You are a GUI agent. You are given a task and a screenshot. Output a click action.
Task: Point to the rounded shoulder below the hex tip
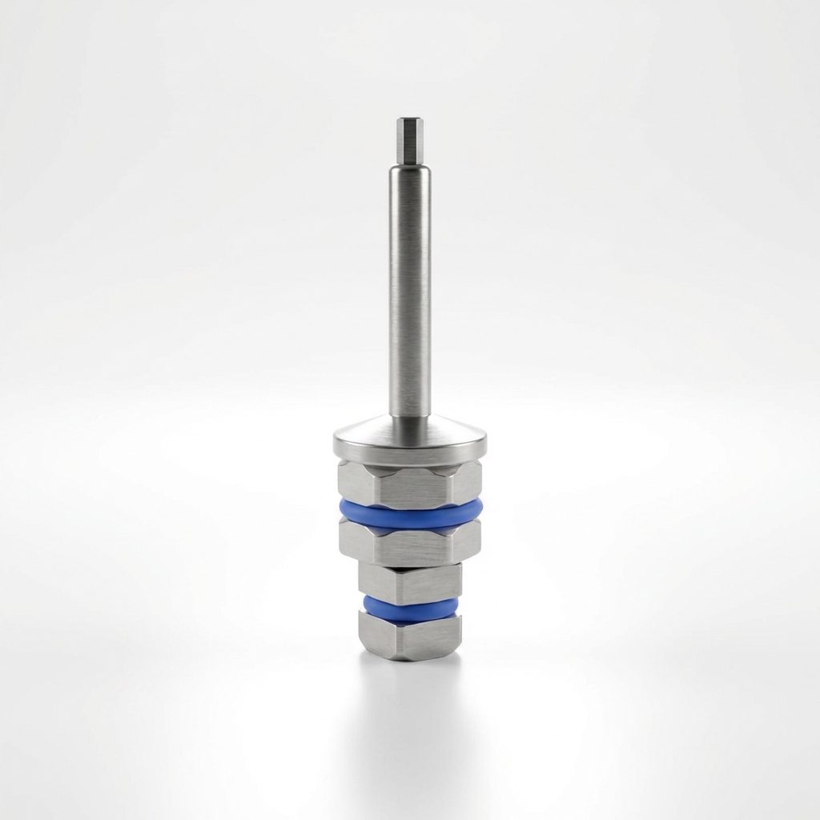(x=409, y=167)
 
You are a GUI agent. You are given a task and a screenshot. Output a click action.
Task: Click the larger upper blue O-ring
(x=410, y=514)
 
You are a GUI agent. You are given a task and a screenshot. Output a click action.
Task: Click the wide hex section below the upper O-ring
(x=410, y=547)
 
